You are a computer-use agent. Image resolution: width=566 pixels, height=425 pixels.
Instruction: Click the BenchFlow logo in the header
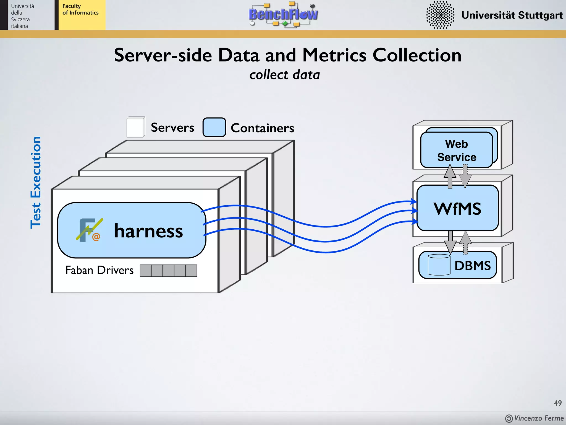283,14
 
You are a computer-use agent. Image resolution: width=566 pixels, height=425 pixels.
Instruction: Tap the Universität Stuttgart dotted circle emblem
440,15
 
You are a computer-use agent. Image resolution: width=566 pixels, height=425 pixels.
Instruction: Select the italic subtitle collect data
284,75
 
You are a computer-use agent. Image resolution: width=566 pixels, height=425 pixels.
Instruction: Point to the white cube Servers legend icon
135,127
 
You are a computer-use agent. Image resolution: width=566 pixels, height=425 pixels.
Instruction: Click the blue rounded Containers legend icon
214,127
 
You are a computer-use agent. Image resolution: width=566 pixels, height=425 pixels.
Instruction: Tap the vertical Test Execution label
36,183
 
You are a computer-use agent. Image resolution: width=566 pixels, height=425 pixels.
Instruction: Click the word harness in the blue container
148,231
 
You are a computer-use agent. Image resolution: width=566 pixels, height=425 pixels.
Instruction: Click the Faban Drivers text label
99,270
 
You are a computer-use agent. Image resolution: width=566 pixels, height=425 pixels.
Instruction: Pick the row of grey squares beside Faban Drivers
168,271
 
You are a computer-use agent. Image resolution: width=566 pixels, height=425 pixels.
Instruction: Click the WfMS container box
457,208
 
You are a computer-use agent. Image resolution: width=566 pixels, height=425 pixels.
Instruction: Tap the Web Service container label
457,151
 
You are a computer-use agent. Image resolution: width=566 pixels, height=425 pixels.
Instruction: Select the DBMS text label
473,266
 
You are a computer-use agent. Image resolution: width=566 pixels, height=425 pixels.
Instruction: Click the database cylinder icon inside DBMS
439,265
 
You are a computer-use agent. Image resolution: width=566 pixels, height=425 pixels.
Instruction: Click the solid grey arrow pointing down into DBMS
450,242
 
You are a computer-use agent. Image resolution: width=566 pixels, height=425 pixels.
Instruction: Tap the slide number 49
557,403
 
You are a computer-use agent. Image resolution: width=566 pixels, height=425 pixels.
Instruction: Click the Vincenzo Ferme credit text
538,418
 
